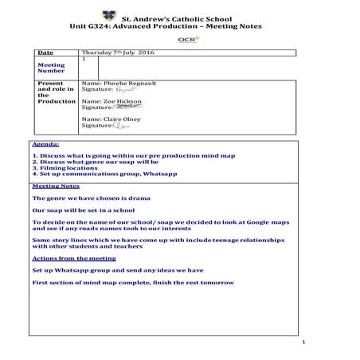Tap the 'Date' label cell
point(45,53)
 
